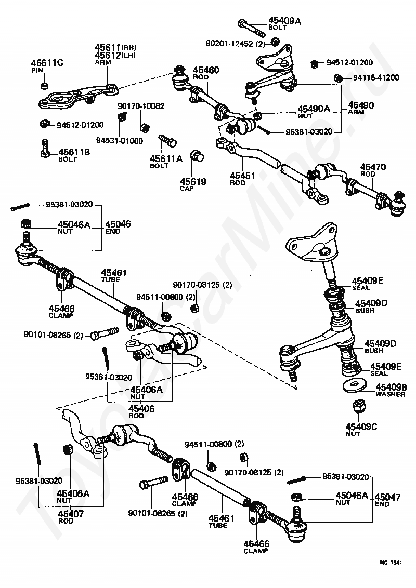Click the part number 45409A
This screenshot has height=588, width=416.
click(284, 21)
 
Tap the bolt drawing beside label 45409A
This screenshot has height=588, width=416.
click(251, 28)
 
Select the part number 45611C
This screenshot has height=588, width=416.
click(47, 63)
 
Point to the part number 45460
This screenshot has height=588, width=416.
click(206, 70)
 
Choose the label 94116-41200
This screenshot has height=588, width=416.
click(376, 77)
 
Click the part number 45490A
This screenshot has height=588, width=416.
click(314, 109)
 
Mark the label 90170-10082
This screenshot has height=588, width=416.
click(141, 106)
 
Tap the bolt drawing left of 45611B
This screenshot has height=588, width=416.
click(45, 149)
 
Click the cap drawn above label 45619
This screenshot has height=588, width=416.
click(197, 156)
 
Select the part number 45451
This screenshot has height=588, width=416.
click(242, 176)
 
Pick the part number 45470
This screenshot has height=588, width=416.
click(373, 167)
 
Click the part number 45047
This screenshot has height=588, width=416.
click(387, 497)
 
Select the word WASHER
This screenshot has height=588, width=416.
click(390, 394)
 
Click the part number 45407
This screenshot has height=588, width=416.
click(71, 514)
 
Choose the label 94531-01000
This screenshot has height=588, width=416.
click(120, 141)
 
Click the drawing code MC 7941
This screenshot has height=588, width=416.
click(391, 563)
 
